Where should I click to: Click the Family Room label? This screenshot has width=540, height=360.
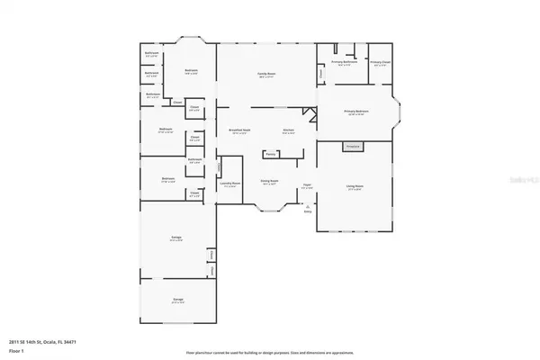[266, 76]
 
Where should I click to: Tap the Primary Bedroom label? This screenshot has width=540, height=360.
[356, 112]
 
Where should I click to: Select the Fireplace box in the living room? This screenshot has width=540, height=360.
[353, 146]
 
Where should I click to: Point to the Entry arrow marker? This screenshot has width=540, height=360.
[308, 207]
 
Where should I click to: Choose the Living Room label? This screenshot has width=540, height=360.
[355, 187]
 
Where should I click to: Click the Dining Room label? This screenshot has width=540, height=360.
[268, 181]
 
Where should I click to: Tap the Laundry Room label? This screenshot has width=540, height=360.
[229, 184]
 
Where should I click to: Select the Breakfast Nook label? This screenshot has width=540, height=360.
[238, 131]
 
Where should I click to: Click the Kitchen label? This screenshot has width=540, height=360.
[289, 131]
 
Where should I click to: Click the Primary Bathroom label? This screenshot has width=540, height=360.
[345, 62]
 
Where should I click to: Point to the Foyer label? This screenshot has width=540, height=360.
[307, 186]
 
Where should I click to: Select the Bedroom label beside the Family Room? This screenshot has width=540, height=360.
[192, 71]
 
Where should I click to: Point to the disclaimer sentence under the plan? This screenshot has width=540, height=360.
[270, 353]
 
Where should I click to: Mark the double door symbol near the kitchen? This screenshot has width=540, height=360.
[310, 114]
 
